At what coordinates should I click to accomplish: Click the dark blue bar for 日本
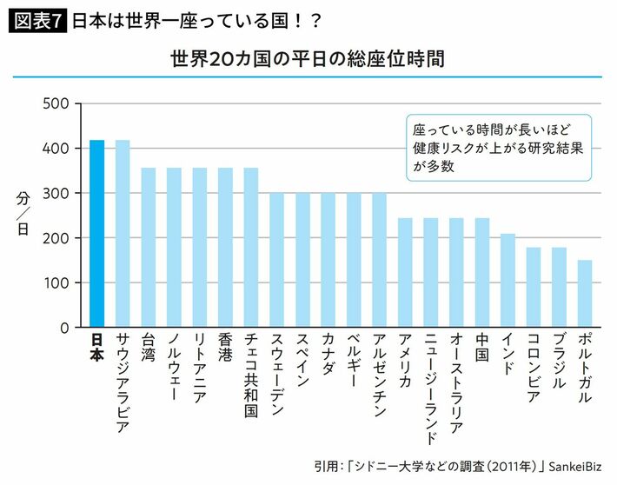point(97,234)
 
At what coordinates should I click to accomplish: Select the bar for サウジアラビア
point(123,234)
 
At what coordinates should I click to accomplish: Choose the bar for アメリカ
point(405,273)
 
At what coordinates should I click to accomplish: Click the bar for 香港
point(225,248)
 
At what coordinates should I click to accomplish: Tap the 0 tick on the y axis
point(64,329)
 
